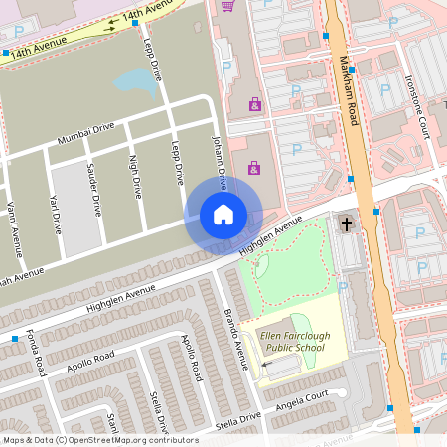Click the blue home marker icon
[223, 215]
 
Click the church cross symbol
[347, 224]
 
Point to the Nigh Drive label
[134, 176]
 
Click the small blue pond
[135, 81]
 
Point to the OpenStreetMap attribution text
[99, 440]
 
